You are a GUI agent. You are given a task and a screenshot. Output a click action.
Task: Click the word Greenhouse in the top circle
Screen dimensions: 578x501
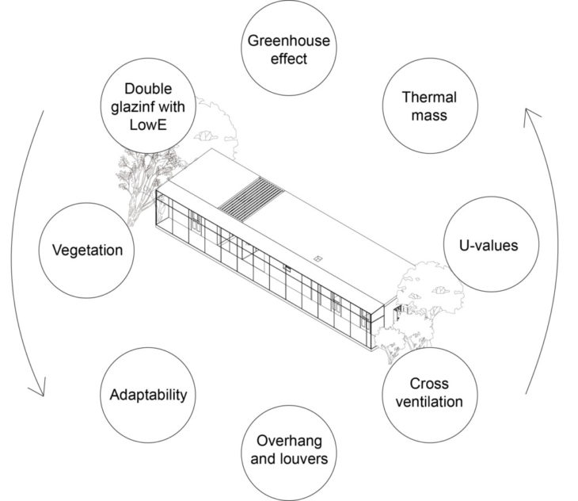coord(289,41)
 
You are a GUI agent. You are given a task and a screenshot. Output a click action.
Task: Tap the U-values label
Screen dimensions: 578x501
coord(489,245)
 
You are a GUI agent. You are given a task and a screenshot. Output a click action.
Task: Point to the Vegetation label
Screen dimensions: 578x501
coord(87,250)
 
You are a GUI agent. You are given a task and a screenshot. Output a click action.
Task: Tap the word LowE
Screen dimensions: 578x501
coord(148,124)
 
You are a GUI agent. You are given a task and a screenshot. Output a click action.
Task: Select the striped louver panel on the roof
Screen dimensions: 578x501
coord(251,199)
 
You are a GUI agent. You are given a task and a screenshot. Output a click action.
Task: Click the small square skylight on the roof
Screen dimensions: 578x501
coord(318,258)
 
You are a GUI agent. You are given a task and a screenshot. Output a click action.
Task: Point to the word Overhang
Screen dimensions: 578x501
coord(289,442)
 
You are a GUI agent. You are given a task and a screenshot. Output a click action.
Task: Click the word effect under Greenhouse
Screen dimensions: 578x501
coord(289,59)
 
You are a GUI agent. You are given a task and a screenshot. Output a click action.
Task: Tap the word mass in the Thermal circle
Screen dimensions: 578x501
coord(429,116)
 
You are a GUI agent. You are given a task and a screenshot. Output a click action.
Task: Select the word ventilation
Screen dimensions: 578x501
coord(429,402)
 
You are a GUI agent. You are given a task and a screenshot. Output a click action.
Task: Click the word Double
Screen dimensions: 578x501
coord(148,89)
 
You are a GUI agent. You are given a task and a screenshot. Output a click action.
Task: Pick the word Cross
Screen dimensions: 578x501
coord(429,384)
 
